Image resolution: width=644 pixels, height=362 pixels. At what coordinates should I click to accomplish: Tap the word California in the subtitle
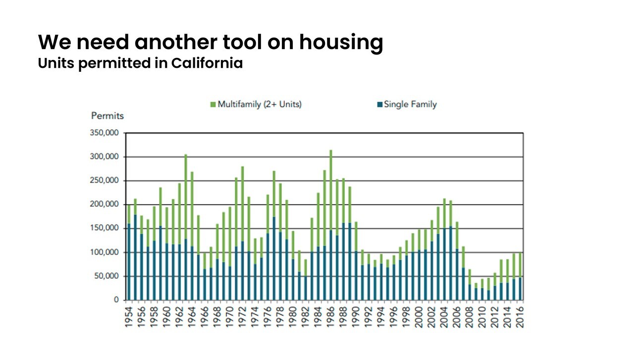[x=207, y=63]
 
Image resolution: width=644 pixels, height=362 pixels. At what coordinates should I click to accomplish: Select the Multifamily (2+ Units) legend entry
[x=256, y=104]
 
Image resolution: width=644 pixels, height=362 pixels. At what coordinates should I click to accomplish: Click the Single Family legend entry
[x=407, y=104]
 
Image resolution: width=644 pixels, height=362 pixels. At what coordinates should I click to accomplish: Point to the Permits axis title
[x=107, y=116]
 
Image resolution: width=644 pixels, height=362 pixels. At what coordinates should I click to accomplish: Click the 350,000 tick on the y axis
[x=105, y=133]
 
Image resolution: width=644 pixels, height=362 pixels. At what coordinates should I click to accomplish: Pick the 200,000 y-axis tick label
[x=105, y=204]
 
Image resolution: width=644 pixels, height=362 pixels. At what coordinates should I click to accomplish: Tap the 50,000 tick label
[x=107, y=276]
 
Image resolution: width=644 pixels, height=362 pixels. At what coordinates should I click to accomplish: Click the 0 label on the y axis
[x=116, y=300]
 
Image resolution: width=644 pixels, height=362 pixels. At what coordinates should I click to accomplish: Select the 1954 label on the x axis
[x=128, y=317]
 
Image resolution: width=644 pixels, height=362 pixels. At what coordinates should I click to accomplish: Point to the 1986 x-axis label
[x=330, y=317]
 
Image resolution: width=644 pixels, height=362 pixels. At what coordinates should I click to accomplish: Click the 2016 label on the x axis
[x=520, y=317]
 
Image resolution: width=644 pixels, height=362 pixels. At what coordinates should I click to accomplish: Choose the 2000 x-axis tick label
[x=419, y=317]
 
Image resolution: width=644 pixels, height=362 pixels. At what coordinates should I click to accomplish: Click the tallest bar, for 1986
[x=330, y=225]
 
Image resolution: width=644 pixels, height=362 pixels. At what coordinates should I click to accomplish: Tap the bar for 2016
[x=520, y=277]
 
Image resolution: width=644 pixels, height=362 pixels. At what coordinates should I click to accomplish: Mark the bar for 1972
[x=242, y=234]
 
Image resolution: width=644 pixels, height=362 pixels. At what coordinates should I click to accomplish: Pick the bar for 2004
[x=444, y=250]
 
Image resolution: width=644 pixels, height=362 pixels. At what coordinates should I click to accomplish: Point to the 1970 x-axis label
[x=230, y=317]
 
